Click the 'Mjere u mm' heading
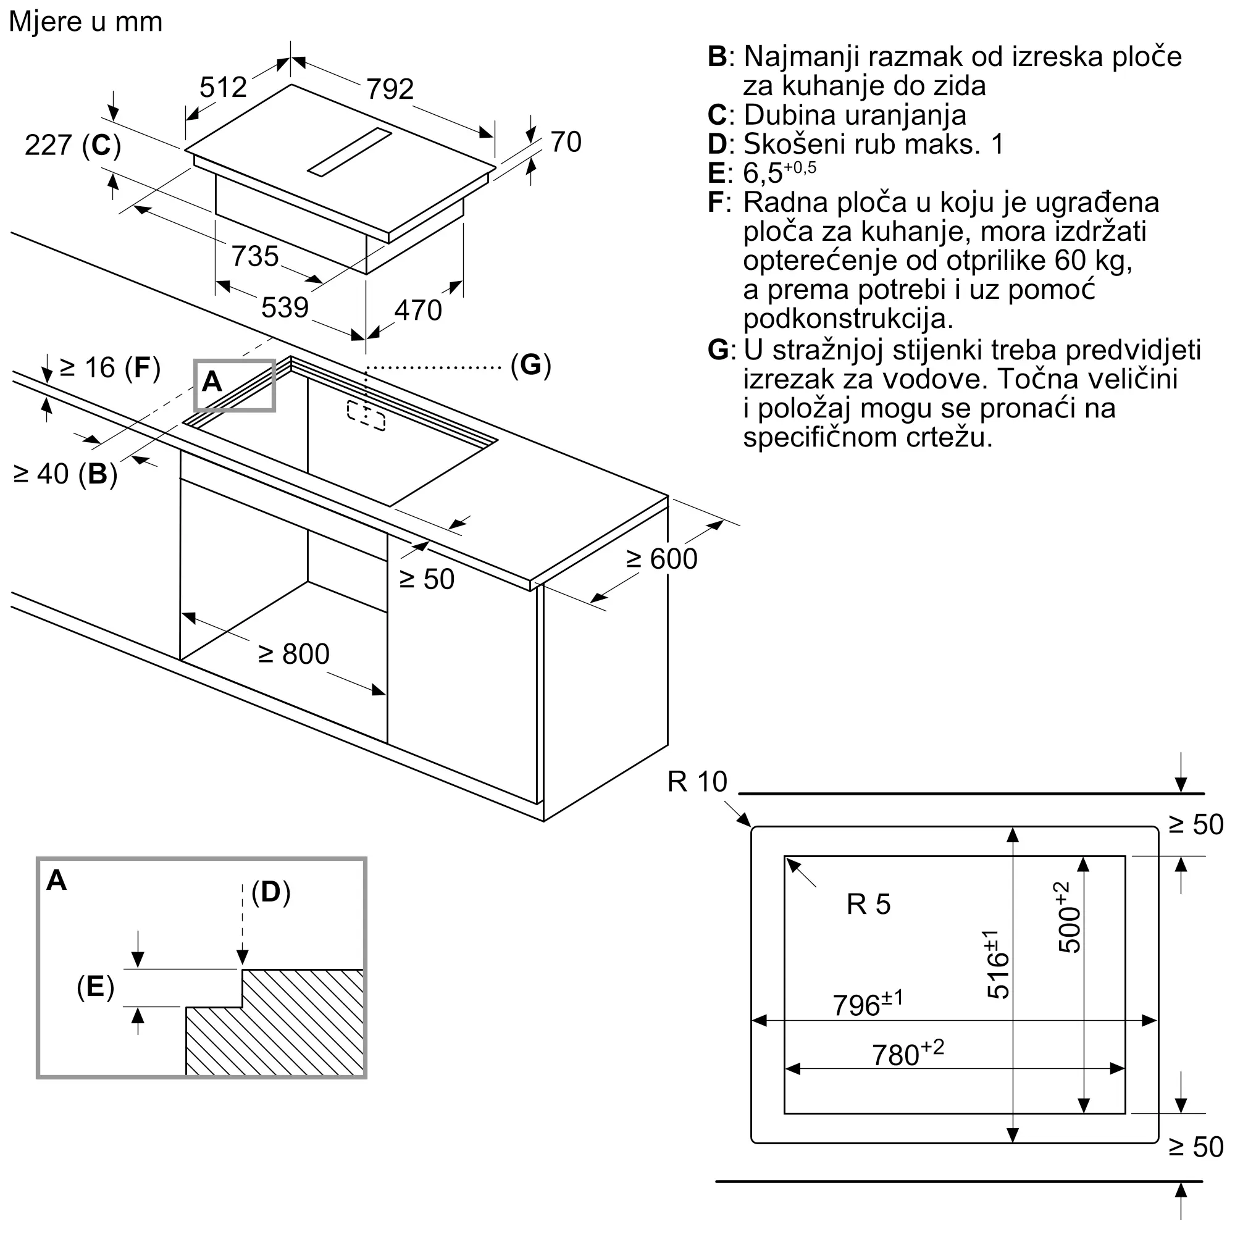(86, 22)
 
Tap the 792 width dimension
(390, 89)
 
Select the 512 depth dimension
(223, 87)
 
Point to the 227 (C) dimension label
(73, 145)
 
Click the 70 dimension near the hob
(566, 142)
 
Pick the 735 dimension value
(255, 256)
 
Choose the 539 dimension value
(285, 308)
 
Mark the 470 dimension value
(418, 310)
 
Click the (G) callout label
(530, 365)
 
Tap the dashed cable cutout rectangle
(366, 416)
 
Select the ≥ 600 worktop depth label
(661, 559)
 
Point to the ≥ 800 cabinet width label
(293, 654)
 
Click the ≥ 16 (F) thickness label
(109, 367)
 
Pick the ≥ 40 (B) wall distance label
(65, 474)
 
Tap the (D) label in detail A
(271, 892)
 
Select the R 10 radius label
(697, 782)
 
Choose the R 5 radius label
(868, 905)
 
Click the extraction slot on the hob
(350, 151)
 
